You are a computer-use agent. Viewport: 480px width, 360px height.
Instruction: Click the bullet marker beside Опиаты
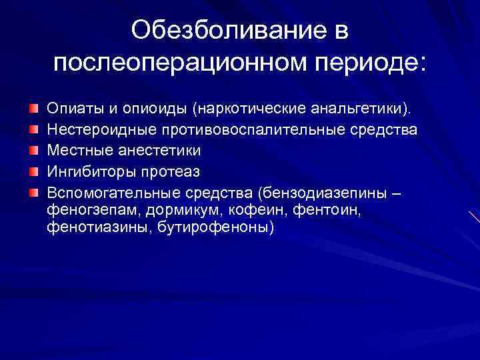pos(33,107)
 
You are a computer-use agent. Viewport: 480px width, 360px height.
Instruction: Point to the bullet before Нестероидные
pos(33,129)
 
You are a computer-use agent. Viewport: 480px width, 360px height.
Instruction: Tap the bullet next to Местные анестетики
pos(33,150)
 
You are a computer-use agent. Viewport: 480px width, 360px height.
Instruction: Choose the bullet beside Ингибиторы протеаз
pos(33,171)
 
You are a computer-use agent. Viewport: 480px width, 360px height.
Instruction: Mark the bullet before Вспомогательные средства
pos(33,193)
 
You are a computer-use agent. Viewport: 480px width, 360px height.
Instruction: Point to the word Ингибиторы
pos(90,172)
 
